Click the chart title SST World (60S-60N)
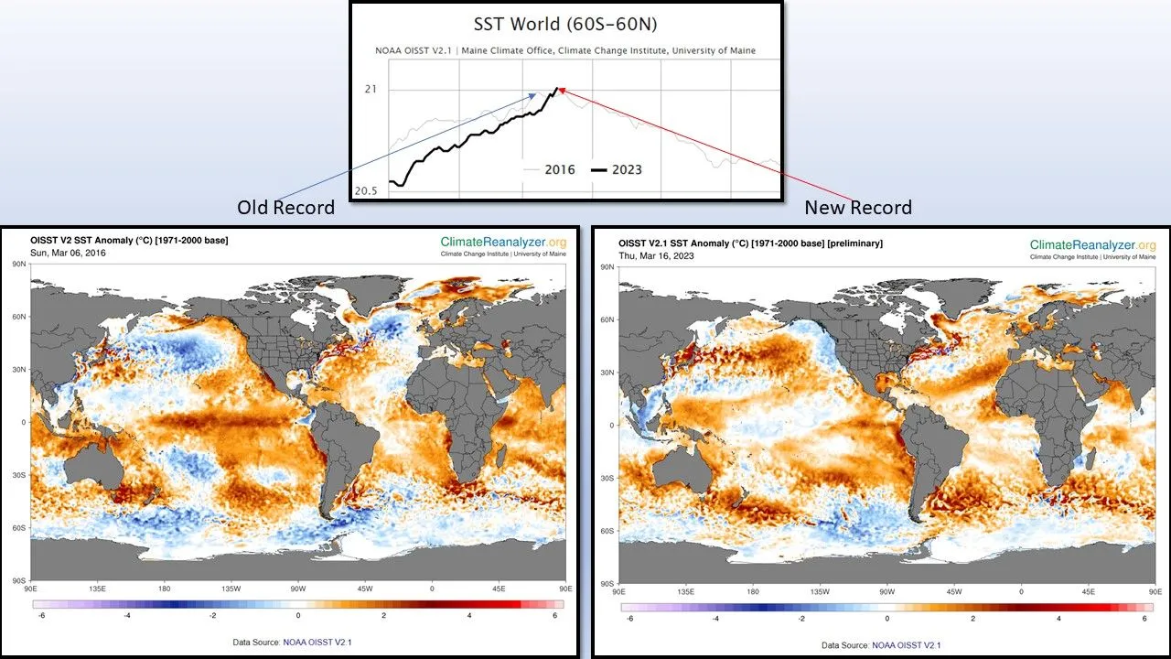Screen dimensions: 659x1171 pos(564,24)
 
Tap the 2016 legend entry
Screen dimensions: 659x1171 pos(559,169)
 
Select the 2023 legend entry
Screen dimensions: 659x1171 pos(627,169)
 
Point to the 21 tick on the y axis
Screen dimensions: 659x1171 pos(370,89)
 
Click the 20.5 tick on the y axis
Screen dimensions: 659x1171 pos(365,190)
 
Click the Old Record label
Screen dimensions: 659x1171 pos(285,208)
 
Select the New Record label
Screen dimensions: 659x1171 pos(858,208)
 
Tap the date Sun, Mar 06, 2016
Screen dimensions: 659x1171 pos(69,252)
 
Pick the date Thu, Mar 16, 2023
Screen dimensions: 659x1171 pos(658,255)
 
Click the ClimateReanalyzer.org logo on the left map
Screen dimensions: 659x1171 pos(503,242)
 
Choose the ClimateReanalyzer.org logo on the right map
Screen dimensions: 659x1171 pos(1092,245)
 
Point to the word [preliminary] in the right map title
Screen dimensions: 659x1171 pos(851,243)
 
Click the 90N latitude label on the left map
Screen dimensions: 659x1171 pos(18,264)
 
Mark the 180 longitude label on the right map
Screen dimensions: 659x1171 pos(753,592)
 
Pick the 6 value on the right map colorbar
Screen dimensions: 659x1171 pos(1144,619)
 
